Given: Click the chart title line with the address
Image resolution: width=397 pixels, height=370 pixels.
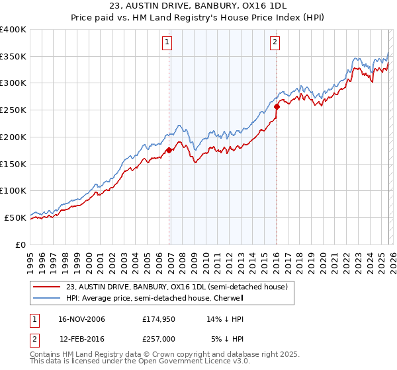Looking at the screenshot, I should click(198, 6).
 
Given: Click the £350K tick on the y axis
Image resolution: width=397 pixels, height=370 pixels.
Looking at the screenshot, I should click(13, 56).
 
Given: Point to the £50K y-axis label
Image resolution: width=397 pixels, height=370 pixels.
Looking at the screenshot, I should click(15, 217).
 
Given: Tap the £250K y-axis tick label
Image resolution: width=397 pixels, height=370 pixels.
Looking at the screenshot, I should click(13, 110).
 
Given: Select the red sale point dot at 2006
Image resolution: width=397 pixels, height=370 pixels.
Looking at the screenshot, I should click(169, 151).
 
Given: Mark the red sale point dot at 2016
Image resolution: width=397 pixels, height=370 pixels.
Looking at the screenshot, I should click(277, 106).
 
